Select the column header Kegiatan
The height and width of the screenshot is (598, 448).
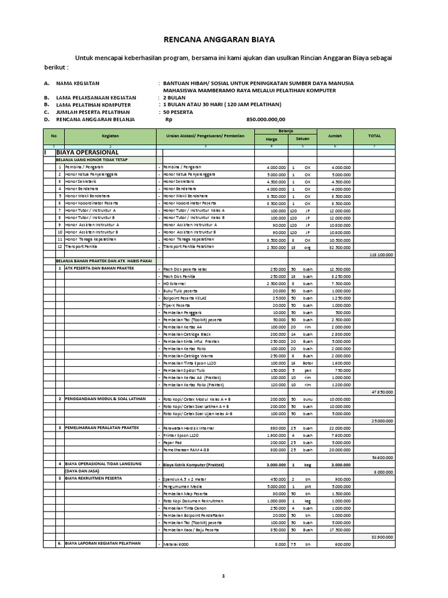tap(110, 135)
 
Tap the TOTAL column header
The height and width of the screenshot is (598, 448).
tap(374, 135)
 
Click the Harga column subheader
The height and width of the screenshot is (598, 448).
tap(271, 139)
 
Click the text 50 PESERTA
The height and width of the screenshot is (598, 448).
tap(181, 112)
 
